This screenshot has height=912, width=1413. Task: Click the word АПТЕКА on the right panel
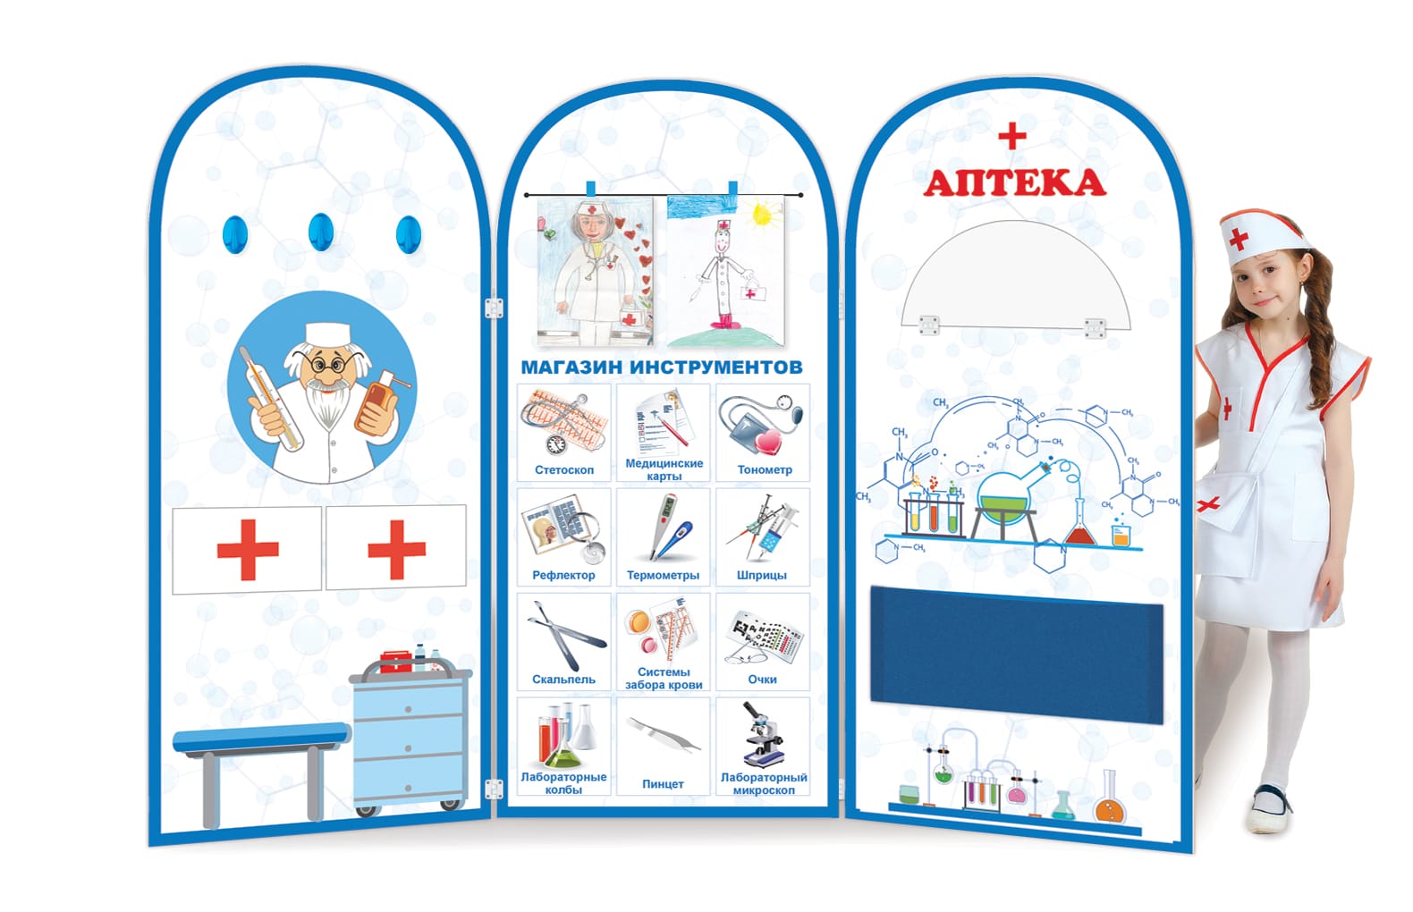click(1014, 182)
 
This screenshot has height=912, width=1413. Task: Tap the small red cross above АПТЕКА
click(1012, 136)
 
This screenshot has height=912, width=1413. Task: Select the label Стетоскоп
click(564, 470)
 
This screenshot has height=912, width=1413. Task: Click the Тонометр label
click(765, 470)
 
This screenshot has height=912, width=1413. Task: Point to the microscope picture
click(763, 735)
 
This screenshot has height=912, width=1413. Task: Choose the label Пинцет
click(663, 784)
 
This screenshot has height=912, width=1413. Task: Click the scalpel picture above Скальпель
click(563, 634)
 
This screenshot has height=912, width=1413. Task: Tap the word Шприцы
click(762, 575)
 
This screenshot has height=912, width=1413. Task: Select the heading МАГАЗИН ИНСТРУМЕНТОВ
click(662, 367)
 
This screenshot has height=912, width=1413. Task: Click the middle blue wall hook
click(321, 232)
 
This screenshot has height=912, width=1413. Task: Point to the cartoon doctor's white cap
click(327, 334)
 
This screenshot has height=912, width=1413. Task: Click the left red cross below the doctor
click(248, 550)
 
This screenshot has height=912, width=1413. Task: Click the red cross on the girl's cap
click(1239, 240)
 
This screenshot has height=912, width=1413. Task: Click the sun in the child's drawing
click(761, 215)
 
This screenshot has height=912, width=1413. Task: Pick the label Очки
click(762, 680)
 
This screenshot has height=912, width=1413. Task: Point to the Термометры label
click(663, 575)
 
